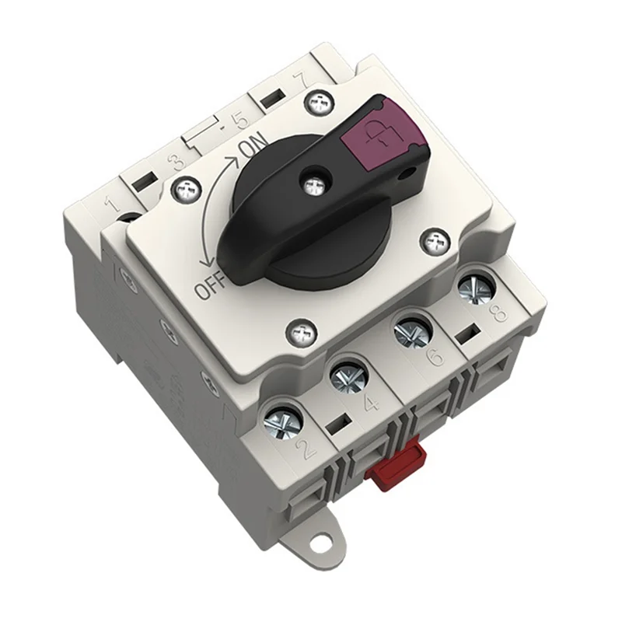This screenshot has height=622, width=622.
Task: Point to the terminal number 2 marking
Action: point(306,449)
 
